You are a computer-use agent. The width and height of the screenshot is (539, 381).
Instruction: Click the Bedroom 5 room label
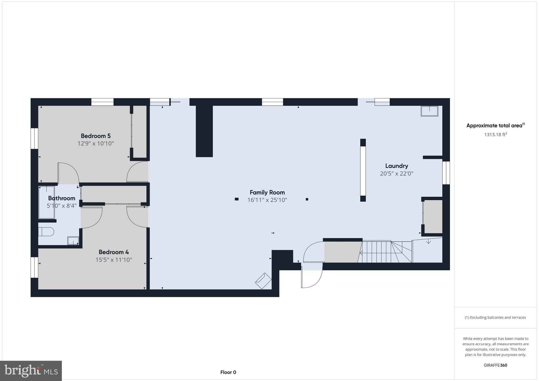[x=96, y=136]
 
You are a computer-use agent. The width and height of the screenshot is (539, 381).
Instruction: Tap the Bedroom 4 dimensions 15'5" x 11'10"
[x=114, y=260]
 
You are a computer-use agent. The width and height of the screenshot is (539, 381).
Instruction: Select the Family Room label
[x=267, y=192]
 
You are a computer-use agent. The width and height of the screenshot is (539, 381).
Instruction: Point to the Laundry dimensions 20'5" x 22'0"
[x=397, y=174]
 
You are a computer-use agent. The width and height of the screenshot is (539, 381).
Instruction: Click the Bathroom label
[x=62, y=198]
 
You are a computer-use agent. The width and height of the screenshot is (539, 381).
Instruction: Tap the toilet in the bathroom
[x=46, y=232]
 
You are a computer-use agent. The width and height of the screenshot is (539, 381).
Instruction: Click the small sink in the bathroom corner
[x=73, y=241]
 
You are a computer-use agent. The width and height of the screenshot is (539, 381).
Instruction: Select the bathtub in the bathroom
[x=47, y=202]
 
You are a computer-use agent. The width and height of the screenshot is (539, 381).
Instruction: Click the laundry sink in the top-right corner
[x=429, y=111]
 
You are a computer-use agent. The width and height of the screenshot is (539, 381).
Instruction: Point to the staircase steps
[x=387, y=252]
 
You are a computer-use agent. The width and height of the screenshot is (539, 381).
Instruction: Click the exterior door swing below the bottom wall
[x=312, y=279]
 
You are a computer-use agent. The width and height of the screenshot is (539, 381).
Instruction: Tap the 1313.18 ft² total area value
[x=496, y=135]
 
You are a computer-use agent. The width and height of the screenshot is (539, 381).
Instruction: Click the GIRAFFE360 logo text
[x=495, y=365]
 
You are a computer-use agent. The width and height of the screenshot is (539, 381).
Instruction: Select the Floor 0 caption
[x=228, y=372]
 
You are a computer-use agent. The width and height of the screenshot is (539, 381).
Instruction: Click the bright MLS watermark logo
[x=31, y=371]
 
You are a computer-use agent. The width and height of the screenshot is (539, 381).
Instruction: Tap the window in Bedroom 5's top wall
[x=102, y=102]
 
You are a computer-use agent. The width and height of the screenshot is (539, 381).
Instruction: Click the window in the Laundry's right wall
[x=446, y=173]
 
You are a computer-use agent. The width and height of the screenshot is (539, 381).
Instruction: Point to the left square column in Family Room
[x=237, y=199]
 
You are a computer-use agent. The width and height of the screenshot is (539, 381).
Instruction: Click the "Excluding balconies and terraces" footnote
[x=495, y=318]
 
